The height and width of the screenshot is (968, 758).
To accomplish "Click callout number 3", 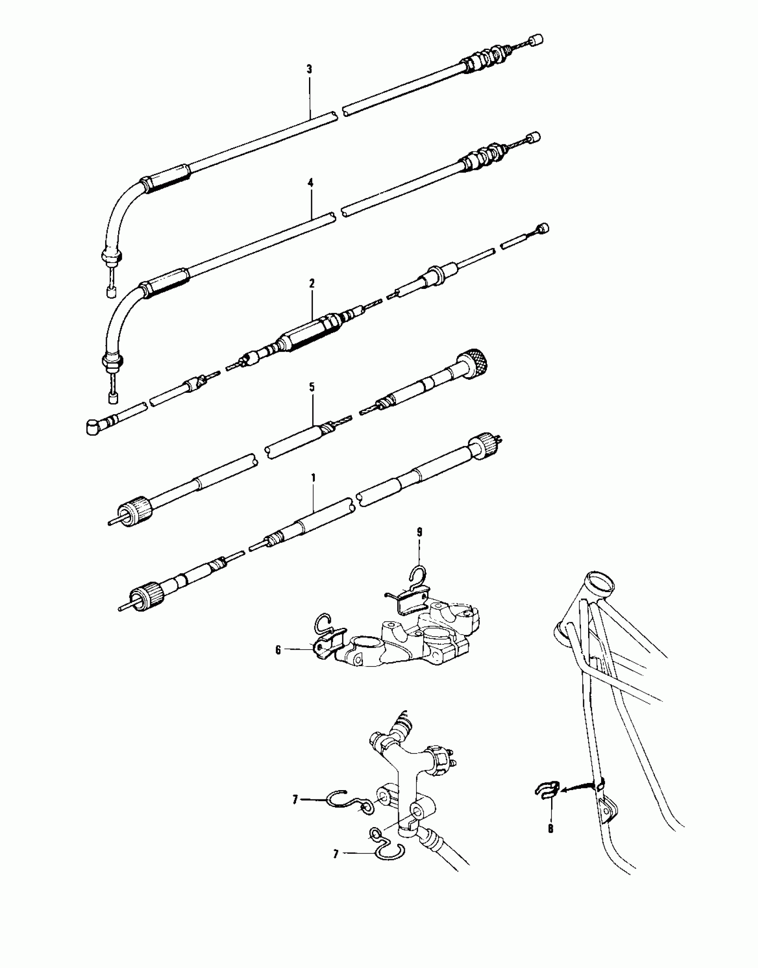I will (x=309, y=70).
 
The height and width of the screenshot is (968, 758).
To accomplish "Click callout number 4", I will (x=311, y=182).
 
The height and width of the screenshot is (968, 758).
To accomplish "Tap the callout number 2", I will (x=312, y=283).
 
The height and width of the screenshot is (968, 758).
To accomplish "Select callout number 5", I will (x=312, y=387).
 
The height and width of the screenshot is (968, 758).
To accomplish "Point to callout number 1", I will (x=313, y=478).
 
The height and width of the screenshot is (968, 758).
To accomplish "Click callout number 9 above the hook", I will (x=419, y=532).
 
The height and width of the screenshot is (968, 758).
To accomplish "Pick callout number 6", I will (x=278, y=651).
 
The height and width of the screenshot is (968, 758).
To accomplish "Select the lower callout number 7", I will (x=336, y=854).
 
